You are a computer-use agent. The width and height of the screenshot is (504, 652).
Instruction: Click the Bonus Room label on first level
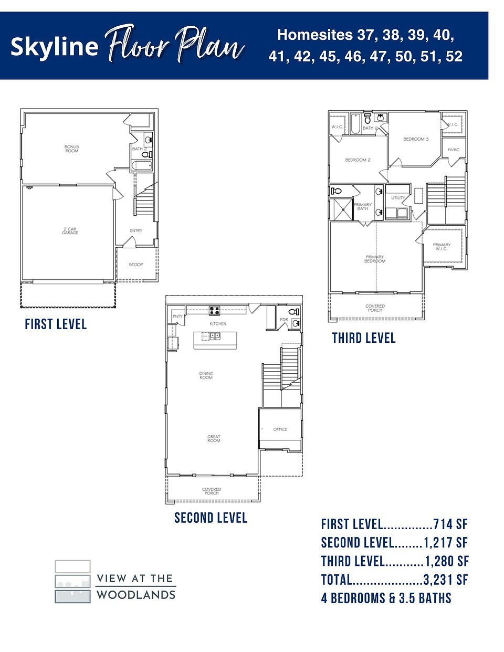(71, 149)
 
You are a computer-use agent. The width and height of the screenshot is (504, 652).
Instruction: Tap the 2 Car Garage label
(70, 231)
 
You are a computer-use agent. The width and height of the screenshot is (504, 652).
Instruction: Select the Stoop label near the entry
(136, 265)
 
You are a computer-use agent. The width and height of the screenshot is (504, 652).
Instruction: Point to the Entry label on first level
(136, 231)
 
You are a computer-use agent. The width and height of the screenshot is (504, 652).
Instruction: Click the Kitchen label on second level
(218, 324)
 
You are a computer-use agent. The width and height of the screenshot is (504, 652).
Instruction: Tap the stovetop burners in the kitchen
(215, 310)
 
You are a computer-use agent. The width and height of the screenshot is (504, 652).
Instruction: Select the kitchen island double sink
(215, 336)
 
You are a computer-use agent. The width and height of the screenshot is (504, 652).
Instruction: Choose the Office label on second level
(280, 429)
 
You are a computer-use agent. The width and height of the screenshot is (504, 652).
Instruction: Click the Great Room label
(214, 439)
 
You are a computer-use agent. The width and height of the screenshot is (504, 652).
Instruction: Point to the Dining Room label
(206, 375)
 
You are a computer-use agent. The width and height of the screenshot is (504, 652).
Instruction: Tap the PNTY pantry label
(177, 317)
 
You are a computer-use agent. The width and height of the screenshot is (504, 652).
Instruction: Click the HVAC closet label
(454, 150)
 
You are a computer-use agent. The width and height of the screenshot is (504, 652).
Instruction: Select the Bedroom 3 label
(416, 139)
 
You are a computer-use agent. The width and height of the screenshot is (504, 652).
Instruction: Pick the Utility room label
(398, 198)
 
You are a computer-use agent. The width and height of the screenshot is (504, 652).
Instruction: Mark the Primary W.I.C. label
(442, 247)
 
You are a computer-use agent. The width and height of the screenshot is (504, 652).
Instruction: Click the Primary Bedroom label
(375, 259)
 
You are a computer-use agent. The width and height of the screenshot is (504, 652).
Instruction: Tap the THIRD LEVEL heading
(364, 338)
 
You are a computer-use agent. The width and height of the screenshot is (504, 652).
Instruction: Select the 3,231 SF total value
(445, 580)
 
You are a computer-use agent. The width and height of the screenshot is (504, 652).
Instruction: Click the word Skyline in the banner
(54, 46)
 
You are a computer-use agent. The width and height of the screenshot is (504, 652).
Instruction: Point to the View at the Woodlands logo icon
(72, 582)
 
